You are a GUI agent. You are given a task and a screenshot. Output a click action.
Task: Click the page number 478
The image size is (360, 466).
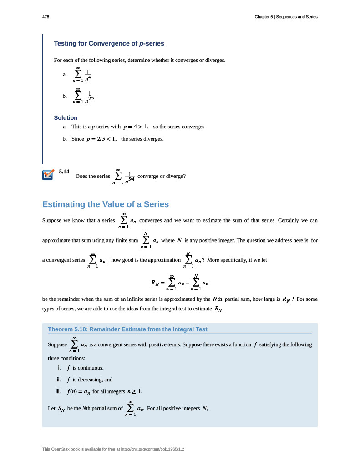(46, 17)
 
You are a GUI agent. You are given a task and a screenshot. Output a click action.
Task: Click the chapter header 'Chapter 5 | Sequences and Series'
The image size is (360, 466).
(286, 17)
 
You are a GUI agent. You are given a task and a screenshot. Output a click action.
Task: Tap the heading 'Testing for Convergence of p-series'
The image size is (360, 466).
(109, 44)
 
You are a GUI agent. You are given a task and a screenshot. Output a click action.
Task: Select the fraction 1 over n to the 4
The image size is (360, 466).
(88, 75)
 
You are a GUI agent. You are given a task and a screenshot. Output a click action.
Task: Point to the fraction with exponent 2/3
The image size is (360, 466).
(90, 97)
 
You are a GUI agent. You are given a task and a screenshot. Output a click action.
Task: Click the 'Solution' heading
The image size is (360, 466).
(66, 117)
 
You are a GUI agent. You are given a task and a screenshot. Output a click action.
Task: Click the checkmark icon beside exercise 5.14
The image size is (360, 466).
(48, 175)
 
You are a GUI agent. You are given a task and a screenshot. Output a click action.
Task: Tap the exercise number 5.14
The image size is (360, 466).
(64, 172)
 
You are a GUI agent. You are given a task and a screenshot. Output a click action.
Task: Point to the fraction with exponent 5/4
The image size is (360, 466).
(130, 177)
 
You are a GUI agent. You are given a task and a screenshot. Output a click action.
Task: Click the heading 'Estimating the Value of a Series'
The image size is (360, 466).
(106, 204)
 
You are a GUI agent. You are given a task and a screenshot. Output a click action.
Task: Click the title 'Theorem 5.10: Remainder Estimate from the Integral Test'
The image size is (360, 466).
(127, 329)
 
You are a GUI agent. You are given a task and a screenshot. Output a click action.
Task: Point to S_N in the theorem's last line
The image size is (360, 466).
(61, 408)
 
